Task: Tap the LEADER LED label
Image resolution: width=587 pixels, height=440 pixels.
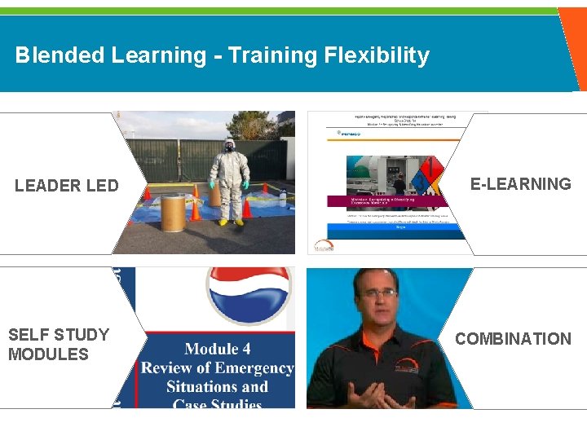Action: tap(67, 186)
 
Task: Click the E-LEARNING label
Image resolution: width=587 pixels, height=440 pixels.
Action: tap(521, 183)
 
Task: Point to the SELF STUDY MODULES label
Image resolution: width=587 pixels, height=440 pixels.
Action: tap(59, 344)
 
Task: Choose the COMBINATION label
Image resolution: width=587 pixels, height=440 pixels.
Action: tap(513, 339)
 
